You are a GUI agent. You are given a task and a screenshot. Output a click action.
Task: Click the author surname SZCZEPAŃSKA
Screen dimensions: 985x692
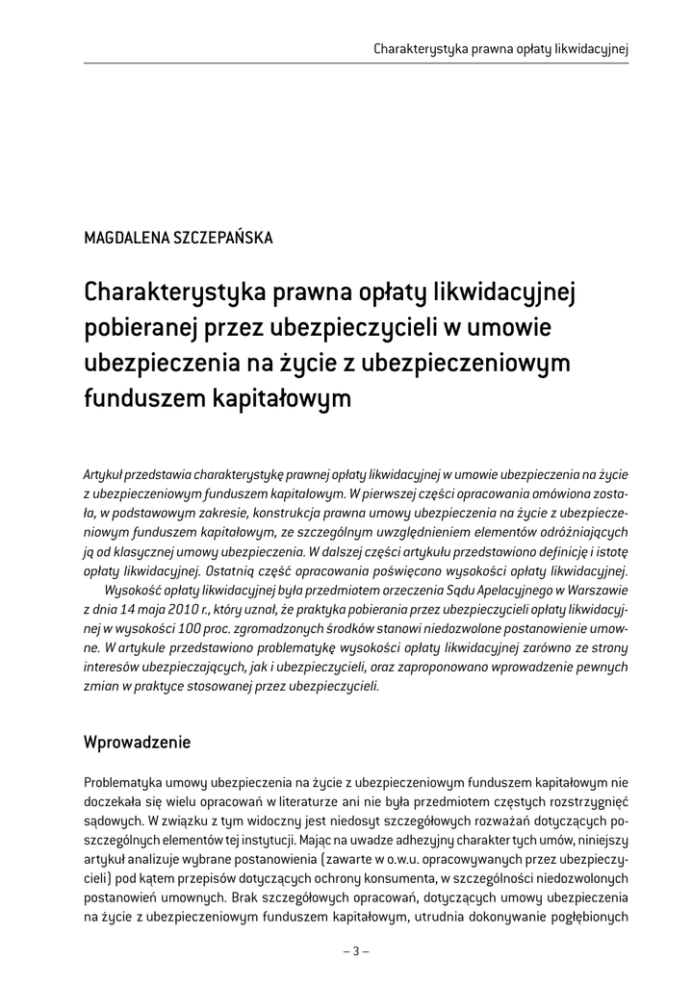(x=221, y=239)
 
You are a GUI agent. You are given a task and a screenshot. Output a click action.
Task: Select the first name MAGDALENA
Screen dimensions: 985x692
(x=124, y=239)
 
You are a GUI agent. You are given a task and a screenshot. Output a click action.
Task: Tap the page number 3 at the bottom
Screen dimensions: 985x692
(x=356, y=951)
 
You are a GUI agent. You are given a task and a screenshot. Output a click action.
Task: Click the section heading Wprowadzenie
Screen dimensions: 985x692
(x=138, y=743)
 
